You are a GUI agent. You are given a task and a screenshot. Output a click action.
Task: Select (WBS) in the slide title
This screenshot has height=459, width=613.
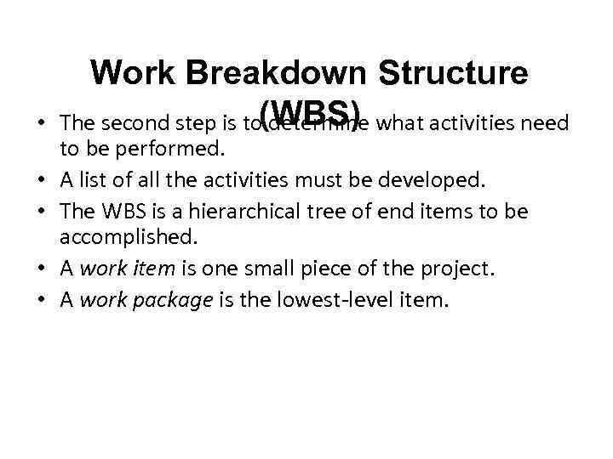click(x=313, y=111)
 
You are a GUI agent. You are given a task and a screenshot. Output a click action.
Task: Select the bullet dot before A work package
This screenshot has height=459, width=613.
click(x=41, y=299)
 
